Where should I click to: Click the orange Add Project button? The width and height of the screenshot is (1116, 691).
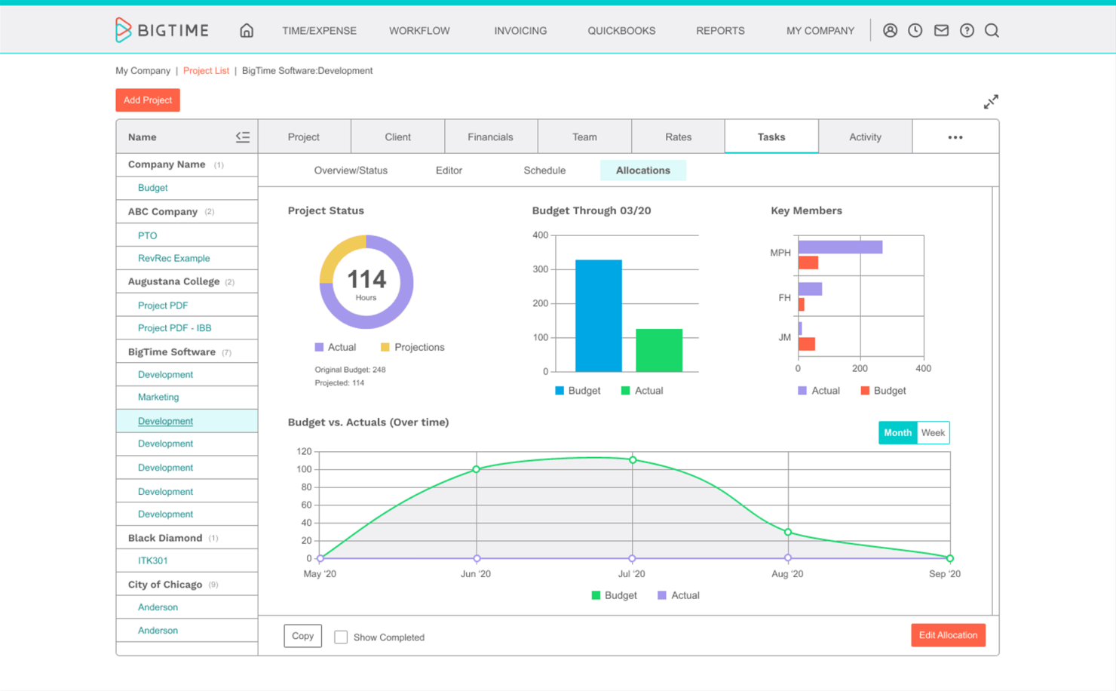coord(147,100)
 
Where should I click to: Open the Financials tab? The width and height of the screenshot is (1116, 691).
coord(490,137)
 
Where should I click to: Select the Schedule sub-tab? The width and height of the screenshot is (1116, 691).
coord(544,170)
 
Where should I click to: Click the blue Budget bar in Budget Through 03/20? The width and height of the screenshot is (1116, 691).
coord(598,316)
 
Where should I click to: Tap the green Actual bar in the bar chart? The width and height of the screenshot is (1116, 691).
coord(658,350)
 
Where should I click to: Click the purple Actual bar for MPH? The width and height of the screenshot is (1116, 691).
coord(839,247)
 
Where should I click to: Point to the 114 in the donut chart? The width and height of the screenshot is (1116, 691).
coord(366,280)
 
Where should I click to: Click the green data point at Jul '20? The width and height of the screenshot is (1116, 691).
coord(633,460)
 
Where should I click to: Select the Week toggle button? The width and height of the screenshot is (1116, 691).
coord(933,433)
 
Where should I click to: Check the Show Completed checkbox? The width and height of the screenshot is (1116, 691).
coord(341,637)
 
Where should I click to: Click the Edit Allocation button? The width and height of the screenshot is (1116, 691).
coord(947,635)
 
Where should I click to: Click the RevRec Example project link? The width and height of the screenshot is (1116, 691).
coord(173,258)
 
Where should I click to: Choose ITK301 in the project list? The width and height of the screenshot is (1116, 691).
coord(152,560)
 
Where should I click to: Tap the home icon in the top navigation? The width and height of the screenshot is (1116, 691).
coord(247,31)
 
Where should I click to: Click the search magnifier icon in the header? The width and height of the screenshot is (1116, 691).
coord(992,31)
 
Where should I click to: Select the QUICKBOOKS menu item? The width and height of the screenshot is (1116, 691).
coord(621,31)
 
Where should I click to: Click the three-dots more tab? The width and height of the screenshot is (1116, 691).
coord(955,137)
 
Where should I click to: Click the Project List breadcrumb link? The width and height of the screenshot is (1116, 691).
coord(206,71)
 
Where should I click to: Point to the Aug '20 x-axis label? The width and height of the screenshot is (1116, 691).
coord(787,574)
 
